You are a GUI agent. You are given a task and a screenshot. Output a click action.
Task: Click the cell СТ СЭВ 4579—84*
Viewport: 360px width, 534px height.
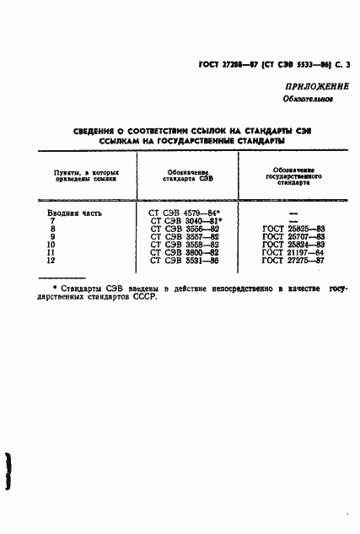[x=185, y=213]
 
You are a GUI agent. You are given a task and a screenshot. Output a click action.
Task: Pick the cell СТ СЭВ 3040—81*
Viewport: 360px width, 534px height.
[x=185, y=221]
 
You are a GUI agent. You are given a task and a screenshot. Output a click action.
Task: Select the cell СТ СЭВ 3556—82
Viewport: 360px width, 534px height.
[x=184, y=229]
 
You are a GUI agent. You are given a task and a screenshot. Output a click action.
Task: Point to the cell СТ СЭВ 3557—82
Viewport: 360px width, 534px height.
[x=184, y=236]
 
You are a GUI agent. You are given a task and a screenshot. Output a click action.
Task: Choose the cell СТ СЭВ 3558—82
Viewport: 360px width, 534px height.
[x=184, y=244]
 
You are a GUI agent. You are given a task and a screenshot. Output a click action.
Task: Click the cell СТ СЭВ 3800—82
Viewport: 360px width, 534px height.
[x=184, y=251]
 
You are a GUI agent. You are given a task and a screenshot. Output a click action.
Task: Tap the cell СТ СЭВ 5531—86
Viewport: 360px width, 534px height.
[x=184, y=260]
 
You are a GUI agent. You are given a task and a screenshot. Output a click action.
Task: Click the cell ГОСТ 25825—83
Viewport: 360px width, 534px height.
[x=294, y=229]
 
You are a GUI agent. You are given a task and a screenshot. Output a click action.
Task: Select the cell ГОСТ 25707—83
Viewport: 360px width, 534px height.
[x=294, y=236]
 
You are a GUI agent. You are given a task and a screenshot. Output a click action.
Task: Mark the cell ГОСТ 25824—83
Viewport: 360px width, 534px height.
[x=294, y=244]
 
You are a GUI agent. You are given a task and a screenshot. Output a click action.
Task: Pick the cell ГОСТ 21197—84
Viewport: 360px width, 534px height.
[x=294, y=251]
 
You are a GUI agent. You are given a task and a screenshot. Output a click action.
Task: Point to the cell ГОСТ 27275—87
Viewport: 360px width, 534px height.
[x=294, y=260]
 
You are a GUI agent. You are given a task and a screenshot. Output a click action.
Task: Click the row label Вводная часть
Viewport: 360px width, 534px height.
[x=74, y=213]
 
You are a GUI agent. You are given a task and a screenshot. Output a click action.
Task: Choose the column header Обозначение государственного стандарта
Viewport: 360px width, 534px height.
[x=294, y=176]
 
